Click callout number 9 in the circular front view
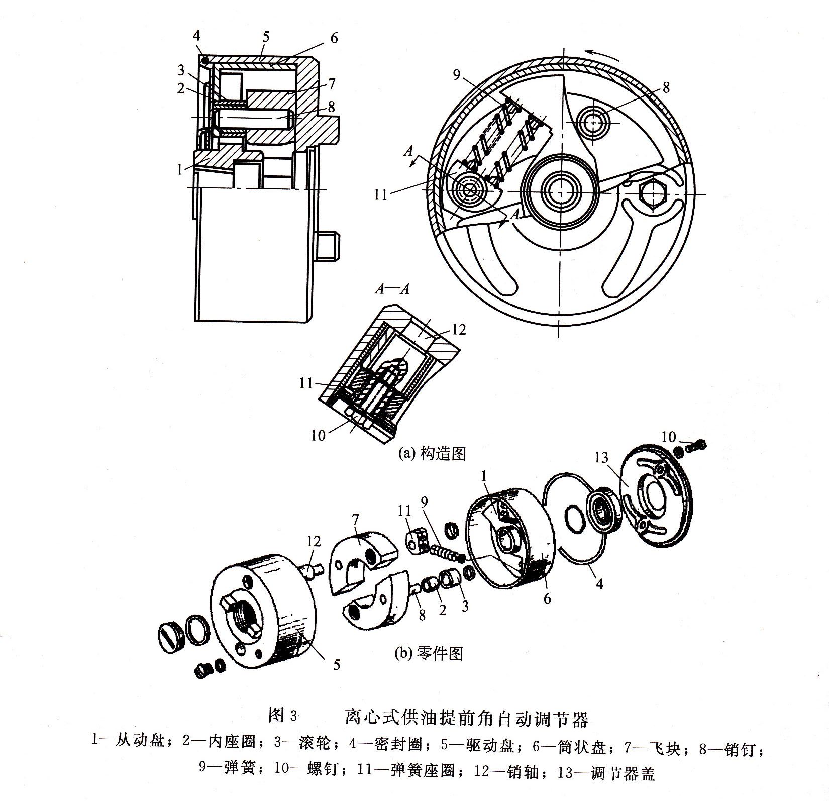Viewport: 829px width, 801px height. [x=456, y=75]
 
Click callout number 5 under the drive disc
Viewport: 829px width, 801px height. [x=336, y=664]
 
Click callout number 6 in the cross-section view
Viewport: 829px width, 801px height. [x=334, y=38]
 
